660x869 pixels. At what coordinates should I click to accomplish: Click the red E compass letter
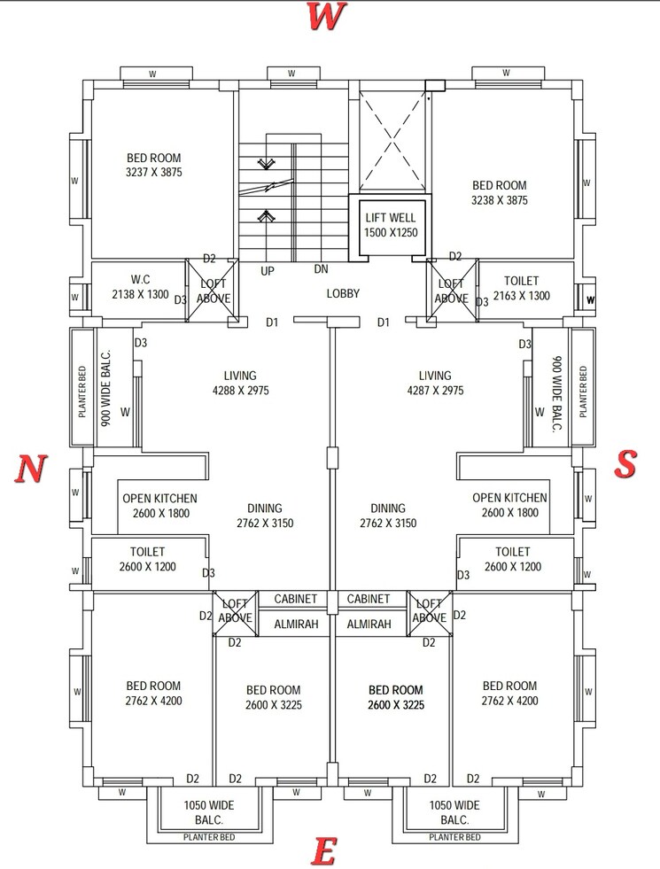(x=323, y=852)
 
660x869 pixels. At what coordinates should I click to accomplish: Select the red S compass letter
(x=626, y=462)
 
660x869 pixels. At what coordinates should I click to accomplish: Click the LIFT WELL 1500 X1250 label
(x=390, y=224)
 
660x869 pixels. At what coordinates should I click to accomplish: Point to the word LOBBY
(x=343, y=293)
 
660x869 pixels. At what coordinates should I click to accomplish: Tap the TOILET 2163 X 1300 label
(x=520, y=288)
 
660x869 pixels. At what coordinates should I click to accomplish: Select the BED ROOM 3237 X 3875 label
(x=154, y=166)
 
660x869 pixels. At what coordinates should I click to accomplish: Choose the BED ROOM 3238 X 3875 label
(x=500, y=192)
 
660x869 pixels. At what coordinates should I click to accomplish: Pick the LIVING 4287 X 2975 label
(x=434, y=383)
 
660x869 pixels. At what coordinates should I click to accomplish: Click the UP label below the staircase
(x=267, y=271)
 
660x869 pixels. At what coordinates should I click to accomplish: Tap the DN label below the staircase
(x=322, y=269)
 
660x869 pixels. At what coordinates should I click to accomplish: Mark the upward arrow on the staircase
(x=265, y=215)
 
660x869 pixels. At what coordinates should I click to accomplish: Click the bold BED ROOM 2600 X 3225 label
(x=396, y=697)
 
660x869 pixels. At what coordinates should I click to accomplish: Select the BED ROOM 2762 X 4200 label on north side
(x=153, y=693)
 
